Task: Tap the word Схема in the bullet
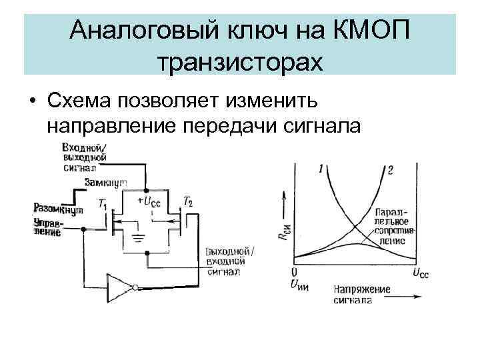[x=81, y=100]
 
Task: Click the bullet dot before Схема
[x=32, y=101]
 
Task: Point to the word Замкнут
[x=106, y=182]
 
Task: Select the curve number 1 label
[x=323, y=169]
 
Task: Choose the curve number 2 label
[x=389, y=169]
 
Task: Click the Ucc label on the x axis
[x=421, y=273]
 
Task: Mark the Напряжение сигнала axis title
[x=360, y=295]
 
